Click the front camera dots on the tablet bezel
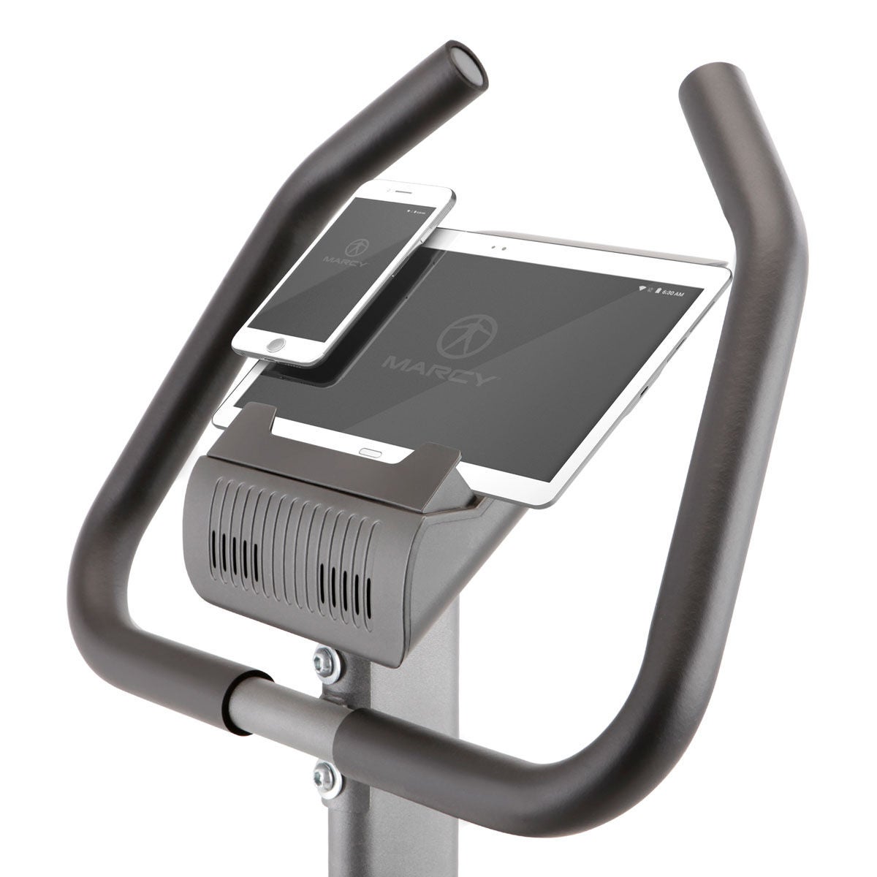498,246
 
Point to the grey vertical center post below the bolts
409,819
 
